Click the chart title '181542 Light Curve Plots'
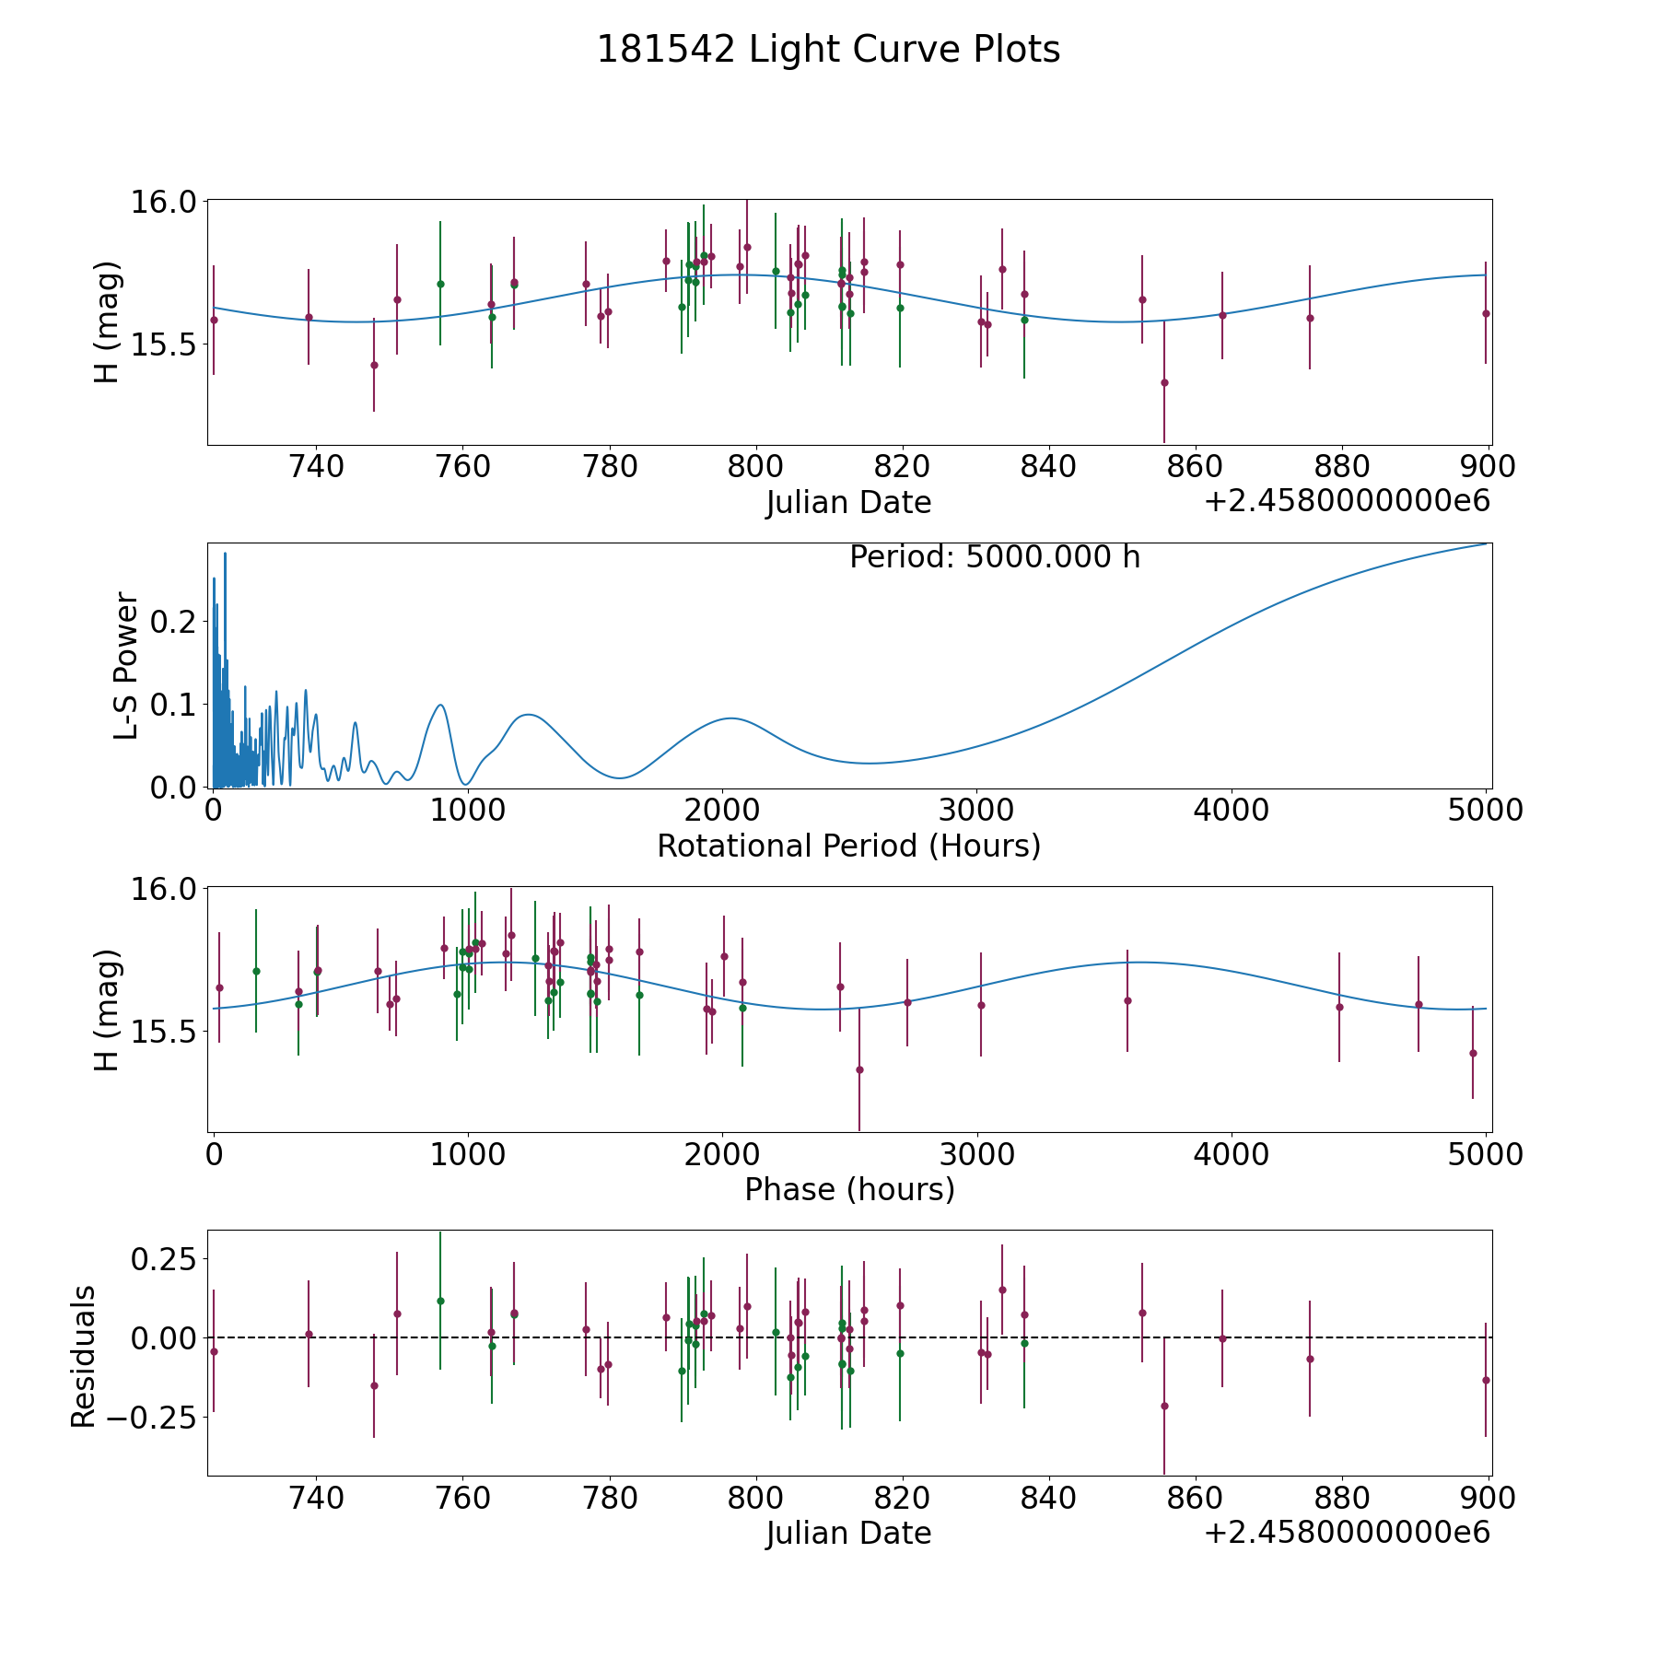click(828, 50)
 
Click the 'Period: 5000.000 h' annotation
click(995, 557)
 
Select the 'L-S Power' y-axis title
click(127, 665)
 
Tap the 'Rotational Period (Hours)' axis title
click(848, 846)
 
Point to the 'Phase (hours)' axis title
click(848, 1189)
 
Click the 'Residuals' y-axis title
click(84, 1356)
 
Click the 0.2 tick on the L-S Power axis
click(173, 622)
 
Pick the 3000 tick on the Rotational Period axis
click(975, 811)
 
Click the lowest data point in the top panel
click(1164, 382)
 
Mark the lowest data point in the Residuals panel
click(1164, 1406)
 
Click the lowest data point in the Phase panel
click(859, 1069)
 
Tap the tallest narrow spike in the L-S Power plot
click(225, 554)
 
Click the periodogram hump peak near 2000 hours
click(730, 718)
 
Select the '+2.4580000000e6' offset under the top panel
click(1347, 502)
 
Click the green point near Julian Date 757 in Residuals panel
click(440, 1301)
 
